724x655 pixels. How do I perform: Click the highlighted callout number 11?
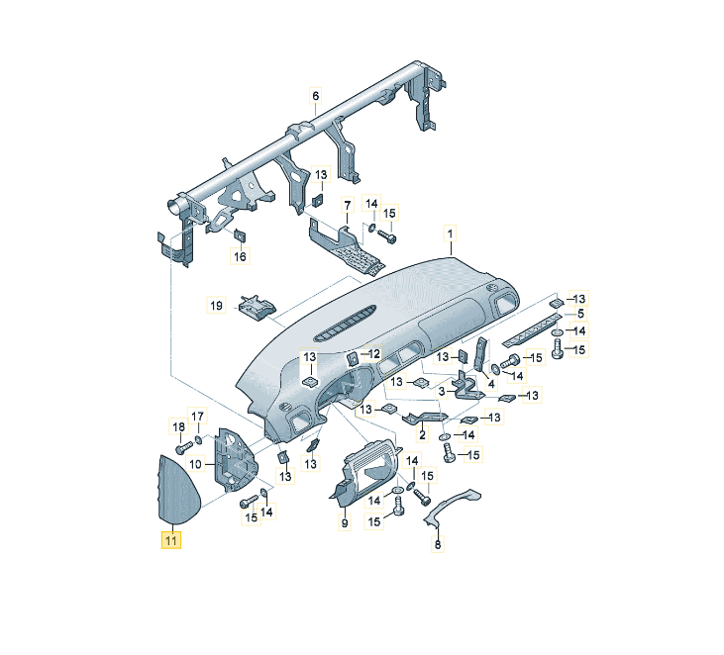click(x=171, y=540)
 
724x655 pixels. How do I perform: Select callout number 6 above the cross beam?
click(x=316, y=96)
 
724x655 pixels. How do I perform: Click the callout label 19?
click(x=217, y=306)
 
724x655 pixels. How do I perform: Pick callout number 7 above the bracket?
click(x=348, y=206)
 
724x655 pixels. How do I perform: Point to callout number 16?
click(x=240, y=257)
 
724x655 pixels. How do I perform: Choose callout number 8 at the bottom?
click(x=439, y=543)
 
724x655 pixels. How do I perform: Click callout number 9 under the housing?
click(x=345, y=523)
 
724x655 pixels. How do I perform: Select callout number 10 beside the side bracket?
click(x=196, y=463)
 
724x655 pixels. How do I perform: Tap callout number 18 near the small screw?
click(x=179, y=426)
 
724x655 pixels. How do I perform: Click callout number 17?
click(x=197, y=416)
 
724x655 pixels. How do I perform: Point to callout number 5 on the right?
click(x=581, y=314)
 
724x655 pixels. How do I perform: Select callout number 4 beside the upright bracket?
click(x=490, y=383)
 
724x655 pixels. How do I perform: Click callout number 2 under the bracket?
click(x=421, y=434)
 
